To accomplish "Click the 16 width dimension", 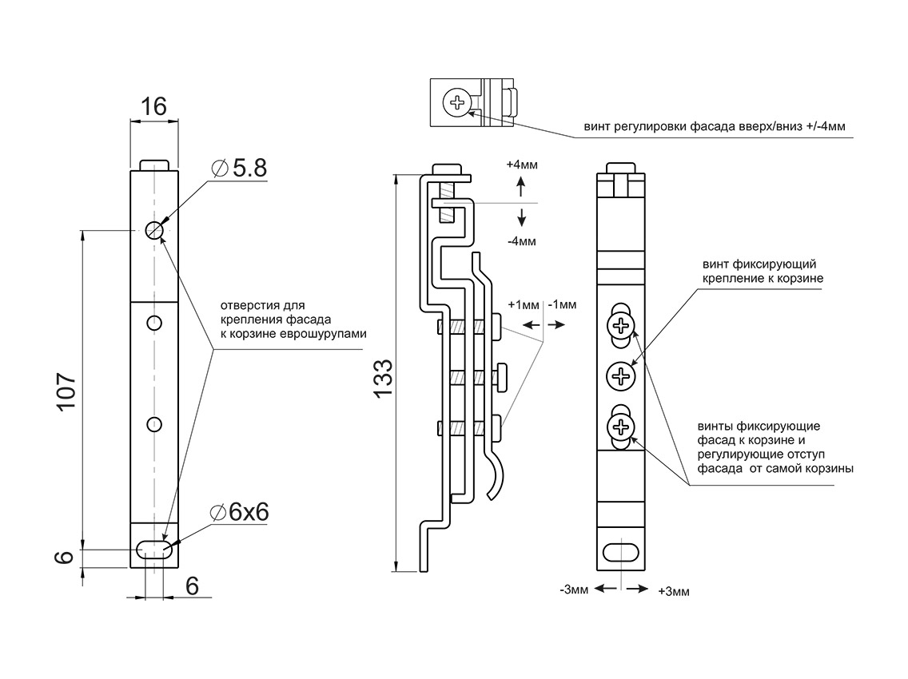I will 153,106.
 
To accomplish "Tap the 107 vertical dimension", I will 67,391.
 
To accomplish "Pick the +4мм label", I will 522,165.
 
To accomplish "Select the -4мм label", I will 522,240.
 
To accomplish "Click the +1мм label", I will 524,304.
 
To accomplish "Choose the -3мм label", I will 575,590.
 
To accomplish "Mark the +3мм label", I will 673,591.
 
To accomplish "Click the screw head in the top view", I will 457,102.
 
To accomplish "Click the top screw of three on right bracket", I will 621,325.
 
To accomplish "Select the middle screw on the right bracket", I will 621,375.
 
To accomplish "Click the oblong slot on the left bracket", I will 154,550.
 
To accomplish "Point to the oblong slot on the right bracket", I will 621,553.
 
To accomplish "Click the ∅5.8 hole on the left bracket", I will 154,230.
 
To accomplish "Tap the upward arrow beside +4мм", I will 521,187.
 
